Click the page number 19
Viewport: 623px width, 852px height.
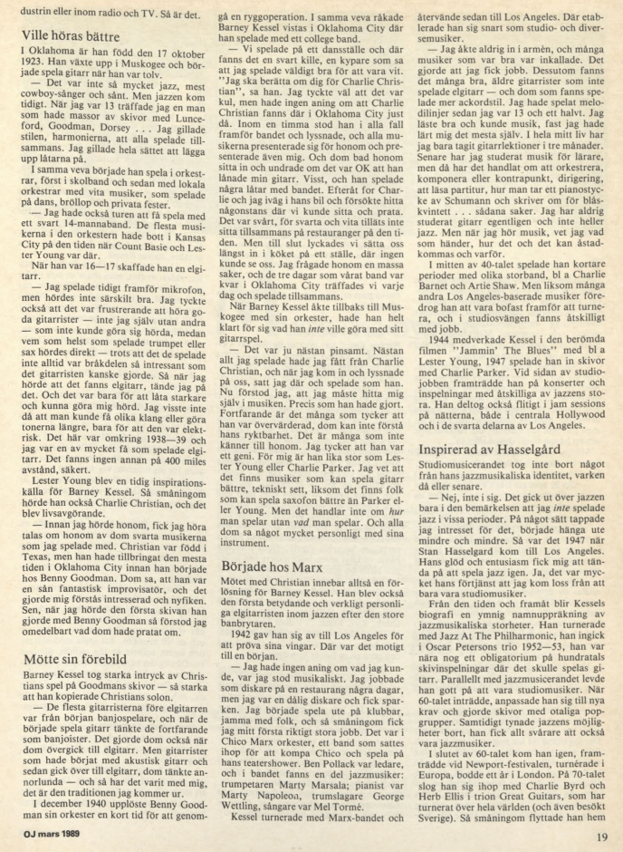click(603, 837)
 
